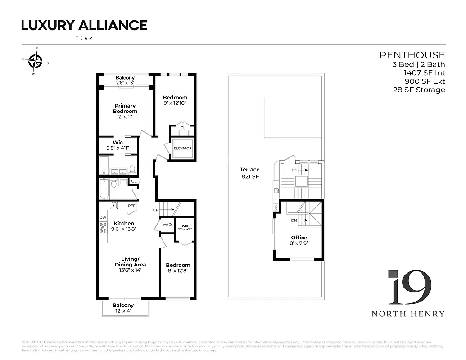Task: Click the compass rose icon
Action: (35, 60)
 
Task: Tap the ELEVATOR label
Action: (183, 148)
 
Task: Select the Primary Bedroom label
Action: (125, 108)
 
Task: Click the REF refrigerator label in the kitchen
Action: (131, 206)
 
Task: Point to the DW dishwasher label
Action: (103, 217)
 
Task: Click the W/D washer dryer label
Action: (167, 225)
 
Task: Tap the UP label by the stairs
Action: (156, 210)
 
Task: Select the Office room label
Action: (299, 238)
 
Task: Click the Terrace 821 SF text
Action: (249, 173)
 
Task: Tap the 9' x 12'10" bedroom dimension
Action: (175, 103)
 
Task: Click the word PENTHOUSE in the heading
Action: (412, 55)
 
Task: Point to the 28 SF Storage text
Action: (419, 90)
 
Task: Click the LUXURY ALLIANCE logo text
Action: (84, 26)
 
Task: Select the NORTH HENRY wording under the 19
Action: (408, 314)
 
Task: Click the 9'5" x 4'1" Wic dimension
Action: (118, 148)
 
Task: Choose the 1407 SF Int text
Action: (424, 72)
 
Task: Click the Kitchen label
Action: (124, 223)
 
